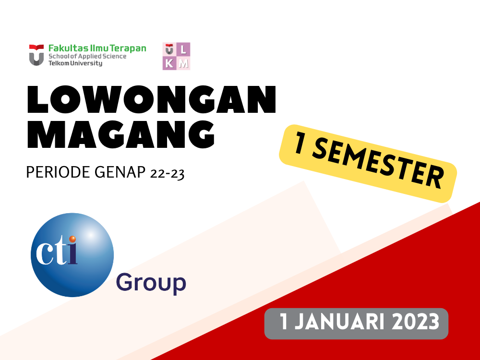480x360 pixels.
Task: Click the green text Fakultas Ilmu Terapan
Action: [97, 48]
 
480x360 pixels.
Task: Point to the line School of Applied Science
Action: [87, 56]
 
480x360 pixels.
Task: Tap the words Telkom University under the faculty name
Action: [75, 63]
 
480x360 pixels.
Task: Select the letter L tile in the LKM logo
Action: [184, 49]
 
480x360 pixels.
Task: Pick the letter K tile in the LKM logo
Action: [169, 63]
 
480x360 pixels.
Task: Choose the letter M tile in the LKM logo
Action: [184, 63]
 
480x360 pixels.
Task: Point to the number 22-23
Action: [167, 172]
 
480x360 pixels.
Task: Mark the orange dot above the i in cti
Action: [72, 239]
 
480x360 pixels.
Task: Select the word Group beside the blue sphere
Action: [151, 283]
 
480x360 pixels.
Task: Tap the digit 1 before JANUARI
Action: [284, 322]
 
